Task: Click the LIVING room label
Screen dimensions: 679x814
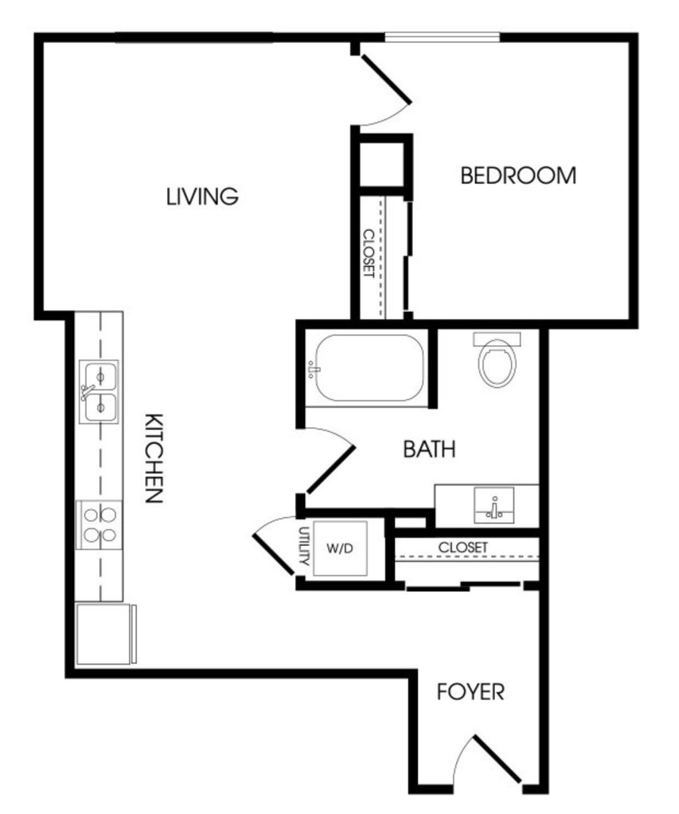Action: (202, 197)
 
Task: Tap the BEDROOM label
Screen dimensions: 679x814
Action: (518, 176)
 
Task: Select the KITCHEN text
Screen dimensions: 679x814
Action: (154, 458)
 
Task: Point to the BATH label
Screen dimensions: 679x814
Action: (429, 449)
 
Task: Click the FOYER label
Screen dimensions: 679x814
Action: (470, 692)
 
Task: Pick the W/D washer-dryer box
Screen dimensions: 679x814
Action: (340, 549)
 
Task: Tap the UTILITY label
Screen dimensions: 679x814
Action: (304, 546)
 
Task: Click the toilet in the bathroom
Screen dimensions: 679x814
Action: (498, 360)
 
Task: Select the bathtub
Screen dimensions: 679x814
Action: (369, 368)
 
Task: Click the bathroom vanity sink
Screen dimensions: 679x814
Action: (494, 505)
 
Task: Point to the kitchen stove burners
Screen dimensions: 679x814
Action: (100, 525)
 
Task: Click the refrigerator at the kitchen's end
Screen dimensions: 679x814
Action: (105, 633)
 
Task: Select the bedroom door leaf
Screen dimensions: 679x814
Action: (386, 79)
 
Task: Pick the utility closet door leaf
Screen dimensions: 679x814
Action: (273, 555)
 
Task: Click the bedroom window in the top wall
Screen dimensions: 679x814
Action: (442, 37)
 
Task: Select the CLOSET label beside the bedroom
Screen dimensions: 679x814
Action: (369, 253)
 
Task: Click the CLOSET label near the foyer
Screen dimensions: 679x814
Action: (463, 547)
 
